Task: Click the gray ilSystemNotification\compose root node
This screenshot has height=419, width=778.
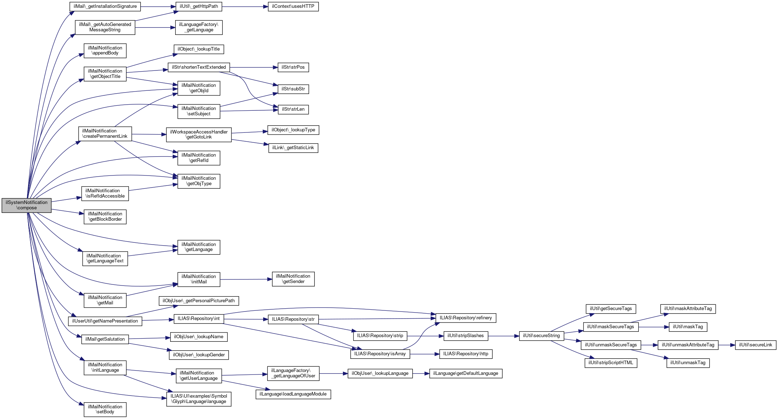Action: tap(26, 205)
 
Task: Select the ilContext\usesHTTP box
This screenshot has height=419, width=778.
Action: tap(293, 6)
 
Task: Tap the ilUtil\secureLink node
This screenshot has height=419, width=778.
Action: tap(755, 345)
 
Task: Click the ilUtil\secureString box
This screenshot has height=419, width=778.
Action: tap(541, 336)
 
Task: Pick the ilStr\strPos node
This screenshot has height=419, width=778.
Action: tap(293, 67)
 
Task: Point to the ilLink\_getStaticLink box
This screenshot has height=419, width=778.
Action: tap(293, 148)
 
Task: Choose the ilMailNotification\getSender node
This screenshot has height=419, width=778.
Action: tap(293, 279)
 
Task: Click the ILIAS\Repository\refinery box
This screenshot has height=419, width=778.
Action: tap(465, 318)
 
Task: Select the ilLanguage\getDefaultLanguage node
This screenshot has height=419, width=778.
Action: tap(465, 373)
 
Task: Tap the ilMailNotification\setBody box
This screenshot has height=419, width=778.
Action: tap(105, 409)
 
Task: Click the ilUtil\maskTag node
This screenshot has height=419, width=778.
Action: tap(688, 327)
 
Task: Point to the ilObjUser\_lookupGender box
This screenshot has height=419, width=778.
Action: tap(199, 355)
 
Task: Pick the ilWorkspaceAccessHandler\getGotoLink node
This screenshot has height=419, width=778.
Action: tap(199, 135)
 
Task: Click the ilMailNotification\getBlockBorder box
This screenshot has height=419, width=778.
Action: tap(105, 216)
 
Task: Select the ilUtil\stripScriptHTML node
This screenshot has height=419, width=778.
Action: tap(611, 363)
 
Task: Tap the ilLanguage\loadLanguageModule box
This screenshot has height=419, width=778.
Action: tap(293, 394)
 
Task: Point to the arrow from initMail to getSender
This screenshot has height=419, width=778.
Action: tap(246, 279)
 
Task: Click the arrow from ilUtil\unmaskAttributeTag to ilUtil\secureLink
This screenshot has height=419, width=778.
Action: tap(727, 345)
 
